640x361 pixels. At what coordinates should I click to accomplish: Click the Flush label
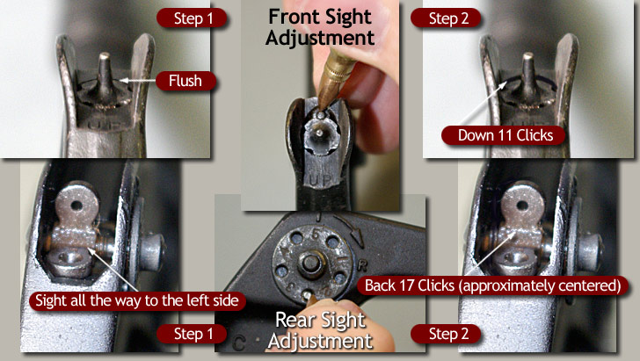pyautogui.click(x=185, y=81)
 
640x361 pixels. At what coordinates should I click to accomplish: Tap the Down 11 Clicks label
pyautogui.click(x=505, y=135)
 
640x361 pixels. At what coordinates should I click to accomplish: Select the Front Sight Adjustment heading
pyautogui.click(x=320, y=27)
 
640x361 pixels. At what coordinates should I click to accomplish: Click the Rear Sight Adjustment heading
pyautogui.click(x=320, y=331)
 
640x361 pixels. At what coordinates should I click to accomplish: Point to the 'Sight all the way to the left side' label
pyautogui.click(x=137, y=301)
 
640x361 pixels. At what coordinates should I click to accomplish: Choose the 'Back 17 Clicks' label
pyautogui.click(x=492, y=285)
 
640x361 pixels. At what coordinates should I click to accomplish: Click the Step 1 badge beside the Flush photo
pyautogui.click(x=193, y=18)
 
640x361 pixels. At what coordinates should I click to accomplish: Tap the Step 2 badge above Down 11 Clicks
pyautogui.click(x=448, y=18)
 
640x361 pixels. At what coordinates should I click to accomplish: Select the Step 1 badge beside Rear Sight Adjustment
pyautogui.click(x=193, y=334)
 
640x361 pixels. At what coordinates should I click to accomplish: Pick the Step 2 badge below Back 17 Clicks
pyautogui.click(x=448, y=334)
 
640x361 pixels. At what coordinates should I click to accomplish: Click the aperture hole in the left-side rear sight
pyautogui.click(x=76, y=206)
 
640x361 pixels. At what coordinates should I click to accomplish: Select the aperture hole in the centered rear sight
pyautogui.click(x=522, y=206)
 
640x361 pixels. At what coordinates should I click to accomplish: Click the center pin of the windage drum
pyautogui.click(x=310, y=264)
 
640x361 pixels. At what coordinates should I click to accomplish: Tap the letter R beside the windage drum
pyautogui.click(x=361, y=265)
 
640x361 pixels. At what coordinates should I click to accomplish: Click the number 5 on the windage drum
pyautogui.click(x=316, y=235)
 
